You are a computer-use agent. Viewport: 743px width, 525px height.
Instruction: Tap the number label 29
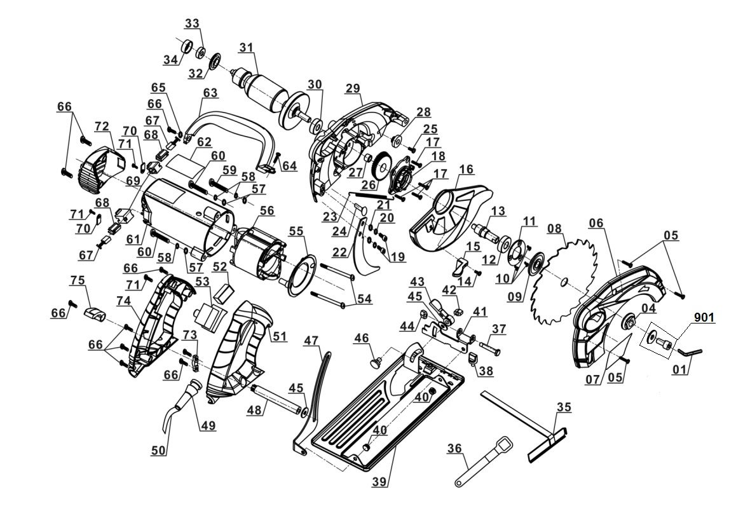click(353, 89)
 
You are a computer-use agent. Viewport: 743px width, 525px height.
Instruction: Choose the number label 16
click(466, 169)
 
